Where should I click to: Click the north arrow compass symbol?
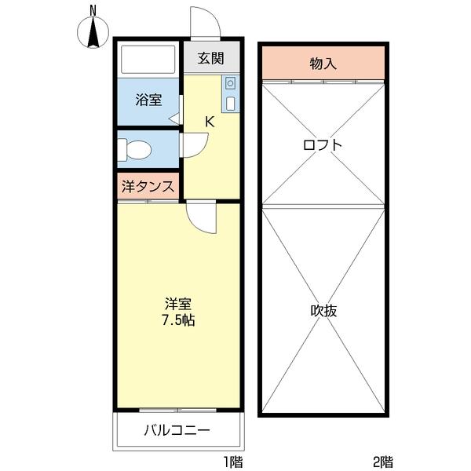93,34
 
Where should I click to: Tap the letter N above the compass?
93,9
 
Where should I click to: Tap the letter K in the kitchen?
210,122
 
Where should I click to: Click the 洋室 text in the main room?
179,303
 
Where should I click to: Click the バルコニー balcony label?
177,430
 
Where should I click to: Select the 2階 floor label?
383,462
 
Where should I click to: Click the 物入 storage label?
323,64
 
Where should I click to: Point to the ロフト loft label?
323,144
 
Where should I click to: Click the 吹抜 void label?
323,310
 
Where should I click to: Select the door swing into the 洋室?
199,217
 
